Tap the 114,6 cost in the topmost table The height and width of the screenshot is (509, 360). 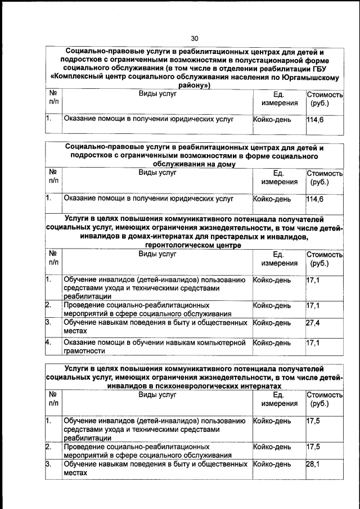tap(315, 119)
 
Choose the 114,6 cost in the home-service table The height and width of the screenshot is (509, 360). tap(315, 199)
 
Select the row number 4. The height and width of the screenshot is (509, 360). tap(49, 342)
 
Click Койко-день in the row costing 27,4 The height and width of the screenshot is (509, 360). tap(272, 323)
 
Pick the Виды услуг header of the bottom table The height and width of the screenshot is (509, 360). tap(157, 395)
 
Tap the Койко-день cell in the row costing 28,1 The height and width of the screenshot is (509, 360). tap(272, 465)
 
